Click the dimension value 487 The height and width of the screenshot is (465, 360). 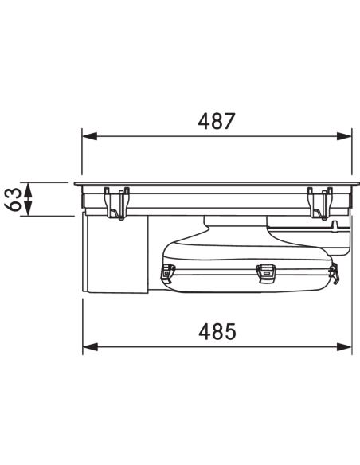pyautogui.click(x=217, y=121)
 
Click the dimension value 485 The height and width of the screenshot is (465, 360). pyautogui.click(x=217, y=331)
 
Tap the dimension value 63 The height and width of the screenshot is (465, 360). pyautogui.click(x=14, y=199)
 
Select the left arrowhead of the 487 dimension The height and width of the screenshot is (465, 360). pyautogui.click(x=90, y=136)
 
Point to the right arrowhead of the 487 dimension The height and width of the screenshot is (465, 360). pyautogui.click(x=344, y=136)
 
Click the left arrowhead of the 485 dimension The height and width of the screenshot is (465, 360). pyautogui.click(x=91, y=346)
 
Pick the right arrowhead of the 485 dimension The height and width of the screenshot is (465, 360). pyautogui.click(x=344, y=346)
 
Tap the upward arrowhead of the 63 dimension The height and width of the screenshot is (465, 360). pyautogui.click(x=28, y=190)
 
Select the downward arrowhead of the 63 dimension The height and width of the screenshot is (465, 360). pyautogui.click(x=28, y=209)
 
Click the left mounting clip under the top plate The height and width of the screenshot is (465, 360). pyautogui.click(x=117, y=203)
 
